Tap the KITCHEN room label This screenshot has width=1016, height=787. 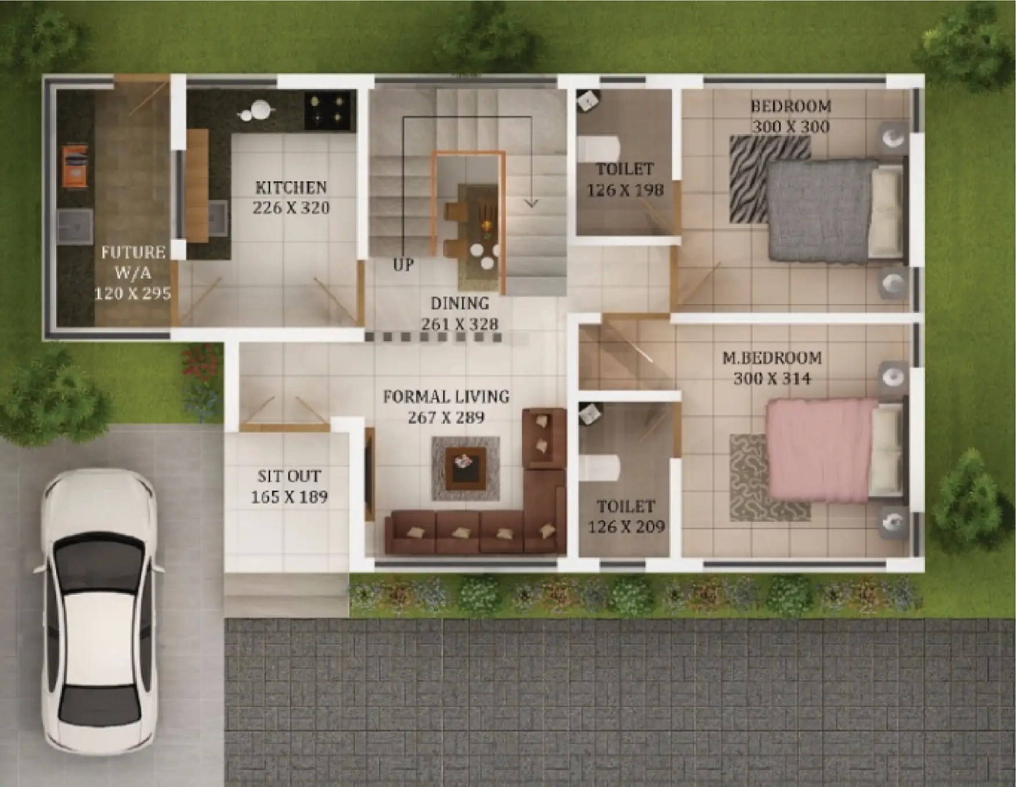pyautogui.click(x=291, y=187)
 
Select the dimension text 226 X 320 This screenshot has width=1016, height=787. pyautogui.click(x=291, y=207)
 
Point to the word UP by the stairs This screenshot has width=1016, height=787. pyautogui.click(x=403, y=265)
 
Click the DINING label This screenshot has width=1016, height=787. pyautogui.click(x=460, y=303)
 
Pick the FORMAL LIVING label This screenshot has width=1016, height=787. pyautogui.click(x=446, y=397)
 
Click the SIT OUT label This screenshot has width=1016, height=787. pyautogui.click(x=289, y=476)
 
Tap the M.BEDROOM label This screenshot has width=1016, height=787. pyautogui.click(x=772, y=358)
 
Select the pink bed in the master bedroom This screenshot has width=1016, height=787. pyautogui.click(x=834, y=450)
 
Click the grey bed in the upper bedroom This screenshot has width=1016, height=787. pyautogui.click(x=834, y=211)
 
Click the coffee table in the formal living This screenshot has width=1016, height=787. pyautogui.click(x=466, y=468)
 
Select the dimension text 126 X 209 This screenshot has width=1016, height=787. pyautogui.click(x=626, y=526)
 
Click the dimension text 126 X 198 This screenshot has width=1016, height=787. pyautogui.click(x=625, y=189)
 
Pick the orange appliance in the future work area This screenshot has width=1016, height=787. pyautogui.click(x=75, y=167)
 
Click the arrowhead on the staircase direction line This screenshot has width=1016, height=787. pyautogui.click(x=531, y=203)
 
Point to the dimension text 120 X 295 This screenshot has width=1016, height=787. pyautogui.click(x=133, y=293)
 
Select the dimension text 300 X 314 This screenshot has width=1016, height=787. pyautogui.click(x=772, y=378)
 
